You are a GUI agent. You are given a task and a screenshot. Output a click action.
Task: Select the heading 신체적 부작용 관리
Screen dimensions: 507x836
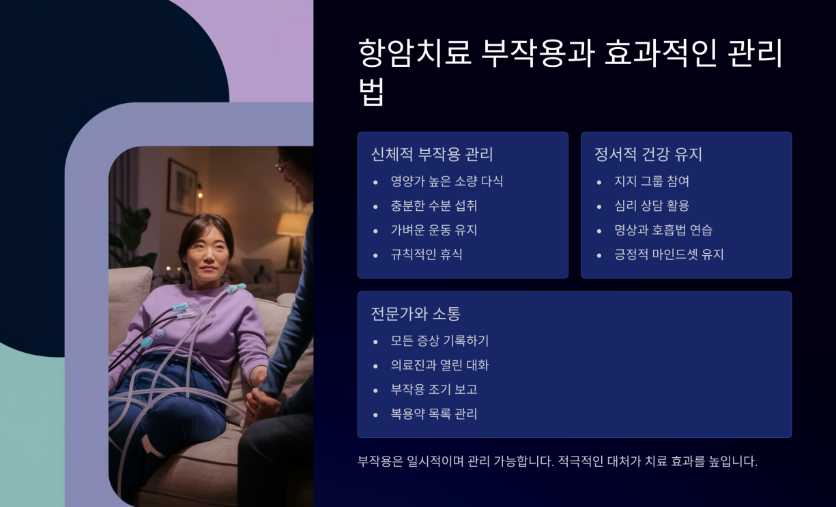(431, 154)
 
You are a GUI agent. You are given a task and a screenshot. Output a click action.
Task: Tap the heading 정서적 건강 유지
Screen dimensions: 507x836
(648, 154)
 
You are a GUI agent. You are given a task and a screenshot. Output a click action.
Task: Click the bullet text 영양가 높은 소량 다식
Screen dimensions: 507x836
(446, 182)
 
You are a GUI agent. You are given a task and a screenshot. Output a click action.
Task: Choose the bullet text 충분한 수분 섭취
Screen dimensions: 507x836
(433, 206)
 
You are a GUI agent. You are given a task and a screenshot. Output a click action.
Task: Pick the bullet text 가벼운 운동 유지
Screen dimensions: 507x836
(433, 231)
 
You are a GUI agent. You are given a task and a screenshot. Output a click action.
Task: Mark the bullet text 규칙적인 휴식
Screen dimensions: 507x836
(426, 255)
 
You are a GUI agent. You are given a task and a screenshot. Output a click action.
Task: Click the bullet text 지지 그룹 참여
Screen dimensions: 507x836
(651, 182)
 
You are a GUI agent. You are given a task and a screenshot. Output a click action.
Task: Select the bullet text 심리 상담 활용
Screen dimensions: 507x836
(651, 206)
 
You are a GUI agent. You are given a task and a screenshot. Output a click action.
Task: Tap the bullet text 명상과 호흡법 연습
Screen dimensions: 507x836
(663, 231)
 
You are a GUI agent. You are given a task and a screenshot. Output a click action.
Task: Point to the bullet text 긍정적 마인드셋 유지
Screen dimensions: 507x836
(668, 255)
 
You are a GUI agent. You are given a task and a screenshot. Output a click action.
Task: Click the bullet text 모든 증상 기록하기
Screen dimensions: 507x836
(439, 341)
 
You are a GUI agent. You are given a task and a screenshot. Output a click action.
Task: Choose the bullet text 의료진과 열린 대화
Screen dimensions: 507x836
(439, 366)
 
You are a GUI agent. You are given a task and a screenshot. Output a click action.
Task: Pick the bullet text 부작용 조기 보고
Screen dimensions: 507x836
(433, 390)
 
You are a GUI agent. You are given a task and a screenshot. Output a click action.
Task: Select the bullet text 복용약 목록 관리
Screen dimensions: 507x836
(433, 414)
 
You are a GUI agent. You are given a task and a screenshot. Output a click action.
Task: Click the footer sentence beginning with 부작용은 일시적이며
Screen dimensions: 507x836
(557, 461)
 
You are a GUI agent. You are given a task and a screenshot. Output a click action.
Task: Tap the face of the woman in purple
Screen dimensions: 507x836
(205, 253)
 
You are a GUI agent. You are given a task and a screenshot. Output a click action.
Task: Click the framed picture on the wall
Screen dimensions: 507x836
(182, 179)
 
